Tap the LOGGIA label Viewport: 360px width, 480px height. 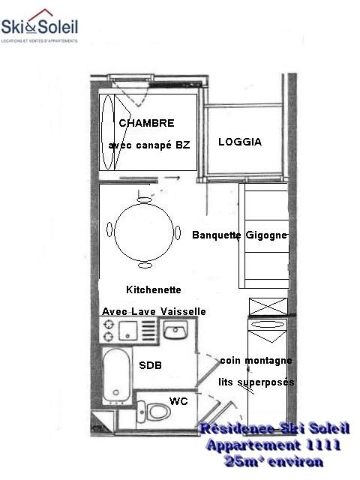pos(240,142)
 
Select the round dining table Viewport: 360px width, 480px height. pos(144,232)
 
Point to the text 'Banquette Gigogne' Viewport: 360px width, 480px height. pos(239,235)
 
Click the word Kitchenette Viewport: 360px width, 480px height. pos(154,289)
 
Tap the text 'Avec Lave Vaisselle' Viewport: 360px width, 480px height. pos(153,311)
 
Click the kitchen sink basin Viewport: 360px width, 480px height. pos(176,330)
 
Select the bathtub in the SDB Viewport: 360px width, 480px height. pos(117,373)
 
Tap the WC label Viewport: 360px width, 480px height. pos(178,401)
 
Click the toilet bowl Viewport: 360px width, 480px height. pos(157,412)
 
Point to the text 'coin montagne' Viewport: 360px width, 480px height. pos(256,361)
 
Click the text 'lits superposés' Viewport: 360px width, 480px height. pos(256,382)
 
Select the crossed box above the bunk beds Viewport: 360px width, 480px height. pos(268,306)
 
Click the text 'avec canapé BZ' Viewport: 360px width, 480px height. pos(149,145)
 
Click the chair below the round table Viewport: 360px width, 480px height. pos(145,265)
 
